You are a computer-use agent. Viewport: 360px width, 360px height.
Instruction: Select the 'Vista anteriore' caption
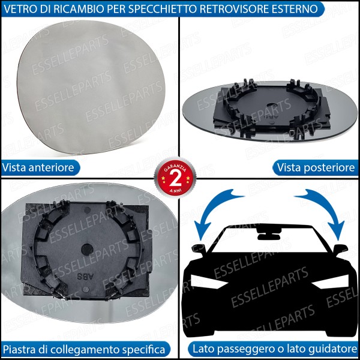pos(38,167)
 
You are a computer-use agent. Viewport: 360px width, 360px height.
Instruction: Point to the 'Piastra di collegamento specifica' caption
pos(83,349)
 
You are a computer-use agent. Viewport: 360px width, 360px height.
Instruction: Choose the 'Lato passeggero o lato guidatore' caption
pos(274,349)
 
